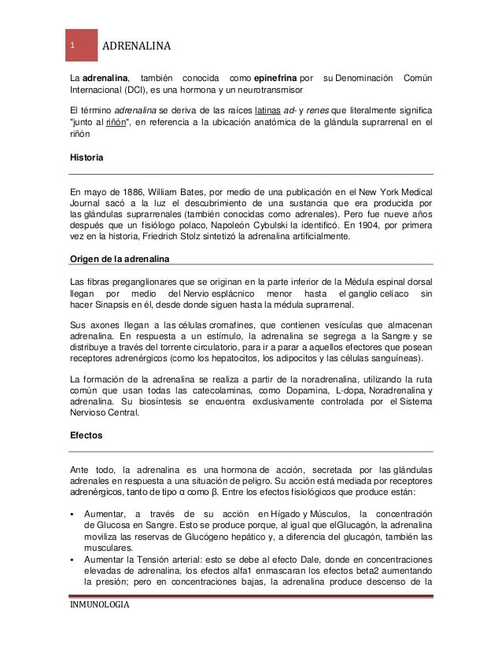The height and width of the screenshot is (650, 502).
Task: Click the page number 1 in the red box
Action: tap(72, 45)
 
